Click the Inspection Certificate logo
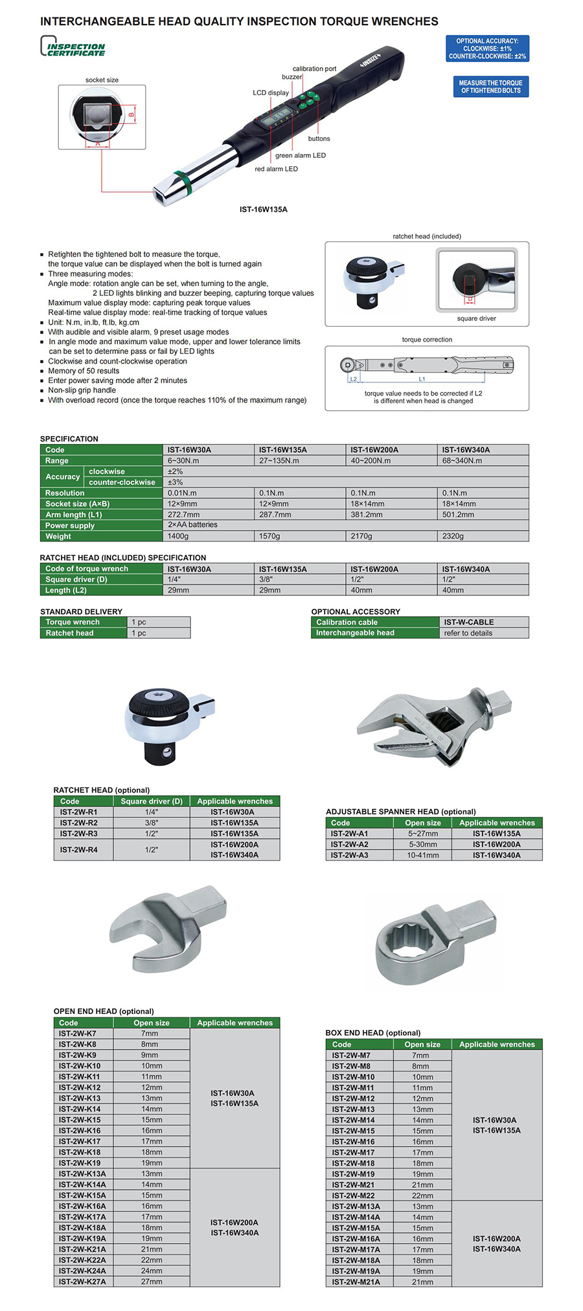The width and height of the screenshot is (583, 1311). (73, 47)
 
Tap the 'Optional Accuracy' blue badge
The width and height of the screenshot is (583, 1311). (487, 49)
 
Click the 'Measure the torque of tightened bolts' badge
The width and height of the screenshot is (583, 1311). (490, 87)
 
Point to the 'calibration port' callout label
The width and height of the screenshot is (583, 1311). (314, 69)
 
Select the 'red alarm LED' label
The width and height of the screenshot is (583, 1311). (276, 169)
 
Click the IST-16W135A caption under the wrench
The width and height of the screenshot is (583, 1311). (263, 210)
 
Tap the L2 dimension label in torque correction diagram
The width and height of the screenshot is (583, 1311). (353, 379)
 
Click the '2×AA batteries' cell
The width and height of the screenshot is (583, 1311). (192, 525)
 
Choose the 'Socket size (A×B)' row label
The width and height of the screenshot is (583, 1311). (78, 504)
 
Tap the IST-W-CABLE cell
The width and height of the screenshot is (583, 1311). (468, 622)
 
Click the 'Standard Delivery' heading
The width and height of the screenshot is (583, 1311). (81, 611)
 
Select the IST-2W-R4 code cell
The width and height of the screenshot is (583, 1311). (79, 850)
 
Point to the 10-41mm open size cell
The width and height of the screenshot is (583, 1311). (422, 855)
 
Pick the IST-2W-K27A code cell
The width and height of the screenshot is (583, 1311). (82, 1282)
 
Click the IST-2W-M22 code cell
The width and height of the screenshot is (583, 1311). (353, 1196)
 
